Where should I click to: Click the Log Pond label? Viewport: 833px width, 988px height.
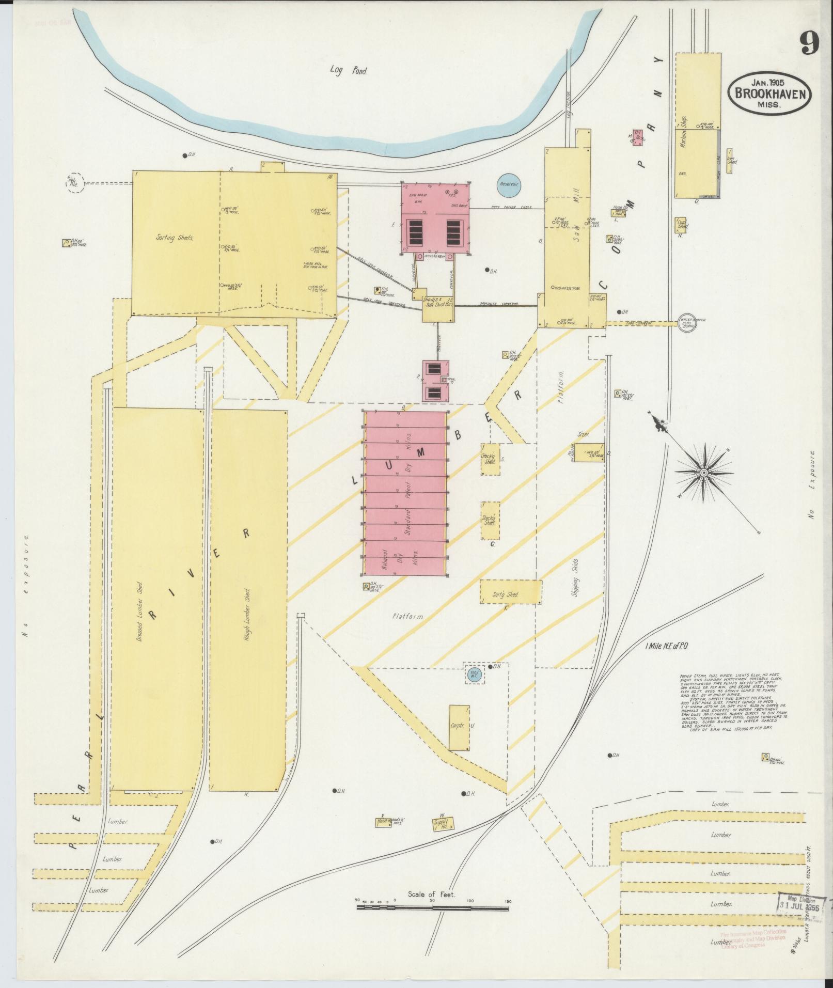349,71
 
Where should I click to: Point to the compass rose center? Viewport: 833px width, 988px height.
703,473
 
